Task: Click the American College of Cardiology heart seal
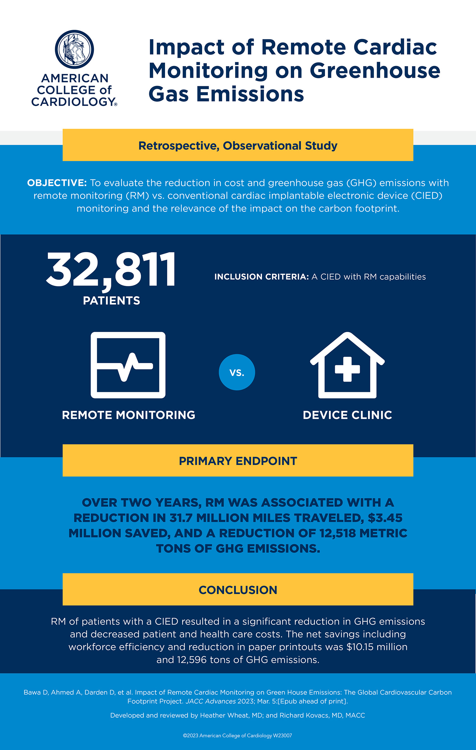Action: click(75, 49)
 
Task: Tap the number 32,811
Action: click(111, 270)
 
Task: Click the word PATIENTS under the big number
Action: click(111, 301)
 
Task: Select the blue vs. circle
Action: click(237, 372)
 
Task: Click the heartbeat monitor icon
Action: click(128, 365)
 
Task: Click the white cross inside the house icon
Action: click(347, 369)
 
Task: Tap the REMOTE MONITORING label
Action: click(129, 415)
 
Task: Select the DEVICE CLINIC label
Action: click(347, 415)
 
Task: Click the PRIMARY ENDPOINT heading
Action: click(238, 461)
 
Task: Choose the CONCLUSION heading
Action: click(238, 590)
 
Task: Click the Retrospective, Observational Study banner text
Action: click(238, 146)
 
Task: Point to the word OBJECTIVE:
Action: click(57, 183)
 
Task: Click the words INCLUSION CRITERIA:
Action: click(261, 277)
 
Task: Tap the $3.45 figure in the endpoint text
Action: click(385, 518)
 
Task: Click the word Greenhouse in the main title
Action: click(375, 70)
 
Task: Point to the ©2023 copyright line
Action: click(237, 735)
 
